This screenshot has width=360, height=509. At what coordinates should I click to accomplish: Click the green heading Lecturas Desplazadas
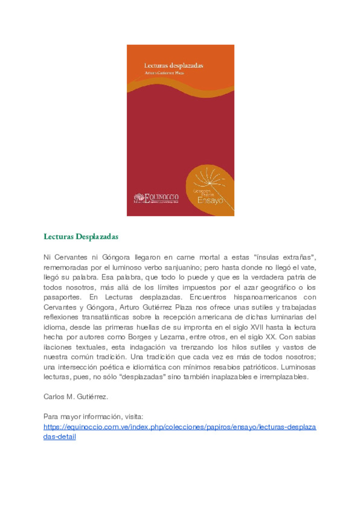(81, 237)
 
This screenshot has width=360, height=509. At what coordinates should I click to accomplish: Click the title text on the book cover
(173, 66)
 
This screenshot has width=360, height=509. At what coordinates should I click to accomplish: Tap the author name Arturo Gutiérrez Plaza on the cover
(164, 73)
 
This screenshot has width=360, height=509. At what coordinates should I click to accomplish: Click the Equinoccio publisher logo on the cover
(156, 198)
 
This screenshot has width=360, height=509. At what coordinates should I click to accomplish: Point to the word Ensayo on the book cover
(210, 200)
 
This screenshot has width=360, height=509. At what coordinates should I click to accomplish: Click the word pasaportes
(62, 297)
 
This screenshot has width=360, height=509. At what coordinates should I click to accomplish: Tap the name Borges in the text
(140, 337)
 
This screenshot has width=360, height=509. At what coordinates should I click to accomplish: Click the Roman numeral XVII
(257, 327)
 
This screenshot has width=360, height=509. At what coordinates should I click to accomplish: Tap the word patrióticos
(260, 367)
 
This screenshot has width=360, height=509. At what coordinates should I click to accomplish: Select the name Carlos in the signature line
(54, 397)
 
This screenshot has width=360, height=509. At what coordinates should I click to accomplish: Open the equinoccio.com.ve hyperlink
(180, 427)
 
